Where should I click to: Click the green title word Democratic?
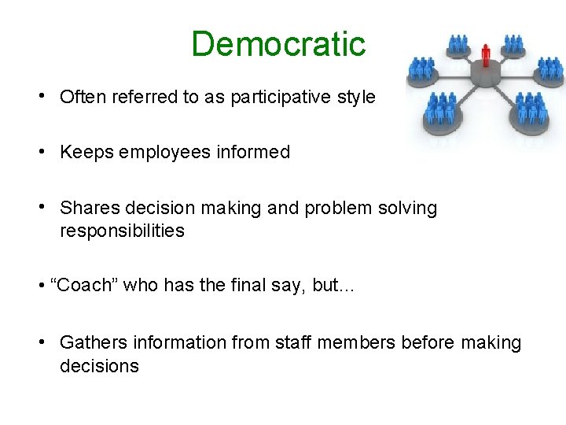[x=278, y=44]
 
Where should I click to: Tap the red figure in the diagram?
[x=486, y=55]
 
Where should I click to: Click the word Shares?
[x=86, y=209]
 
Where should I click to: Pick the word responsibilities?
[x=122, y=231]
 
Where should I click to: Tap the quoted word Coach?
[x=83, y=286]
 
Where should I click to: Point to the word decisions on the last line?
[x=99, y=366]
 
